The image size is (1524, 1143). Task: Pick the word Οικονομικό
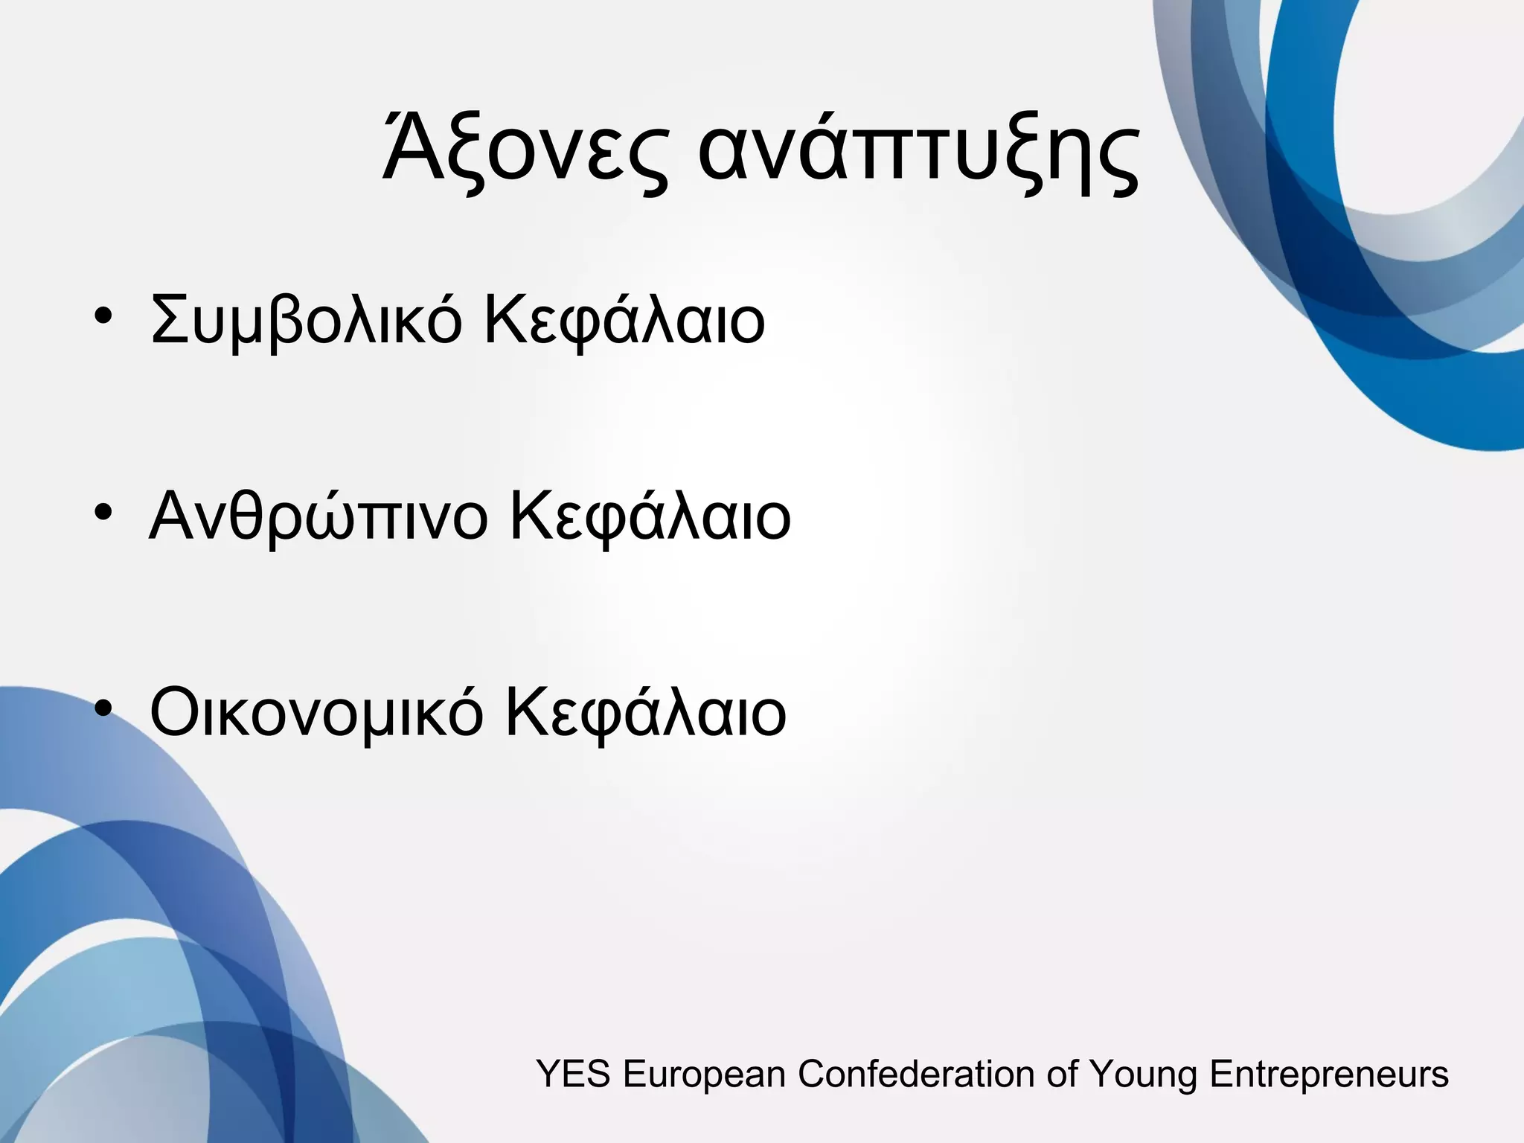(x=316, y=713)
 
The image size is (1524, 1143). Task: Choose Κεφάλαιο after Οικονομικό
(x=645, y=713)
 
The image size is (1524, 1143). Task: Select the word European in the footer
(x=704, y=1075)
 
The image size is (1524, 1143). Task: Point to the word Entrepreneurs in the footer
(x=1329, y=1075)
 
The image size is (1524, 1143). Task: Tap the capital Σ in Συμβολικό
(x=170, y=320)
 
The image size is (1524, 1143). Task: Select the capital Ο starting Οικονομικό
(x=176, y=712)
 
